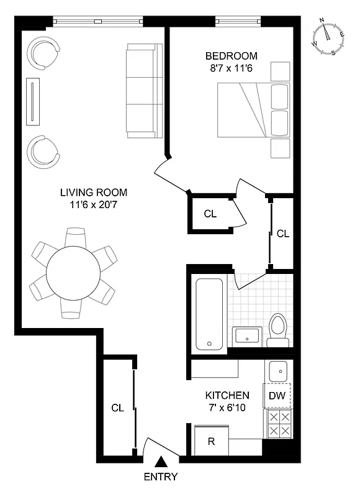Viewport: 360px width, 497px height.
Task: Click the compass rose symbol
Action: tap(329, 37)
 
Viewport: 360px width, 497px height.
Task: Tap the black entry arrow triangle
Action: tap(161, 462)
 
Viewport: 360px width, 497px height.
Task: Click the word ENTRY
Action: tap(160, 477)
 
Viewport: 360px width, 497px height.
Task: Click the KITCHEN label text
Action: tap(227, 395)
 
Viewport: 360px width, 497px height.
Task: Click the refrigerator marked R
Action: tap(212, 441)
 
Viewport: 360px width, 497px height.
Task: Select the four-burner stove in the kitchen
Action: tap(277, 424)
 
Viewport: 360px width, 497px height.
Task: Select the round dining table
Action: tap(74, 273)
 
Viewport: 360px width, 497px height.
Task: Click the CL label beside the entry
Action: tap(117, 408)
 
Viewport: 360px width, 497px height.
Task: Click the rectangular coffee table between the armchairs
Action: tap(33, 101)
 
